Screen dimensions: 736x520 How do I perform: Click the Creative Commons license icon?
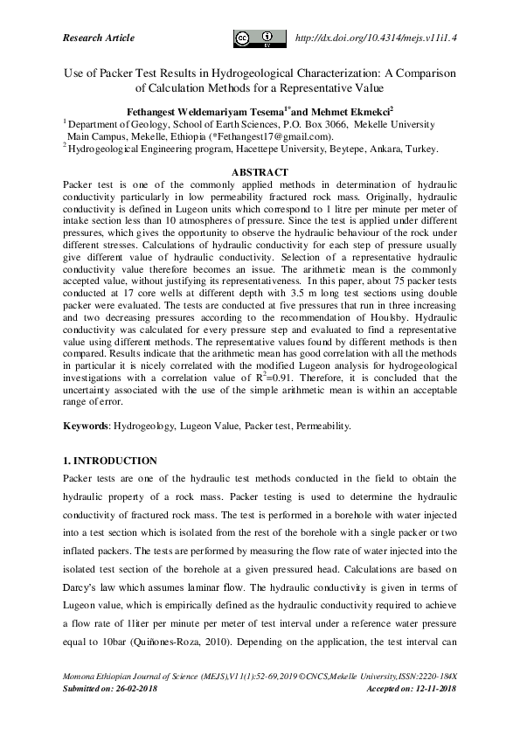[260, 38]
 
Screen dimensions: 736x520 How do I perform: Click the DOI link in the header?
[378, 38]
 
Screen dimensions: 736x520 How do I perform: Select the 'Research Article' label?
[99, 38]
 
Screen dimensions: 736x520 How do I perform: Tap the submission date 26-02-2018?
[148, 689]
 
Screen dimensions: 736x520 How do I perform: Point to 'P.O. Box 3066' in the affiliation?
[313, 124]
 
